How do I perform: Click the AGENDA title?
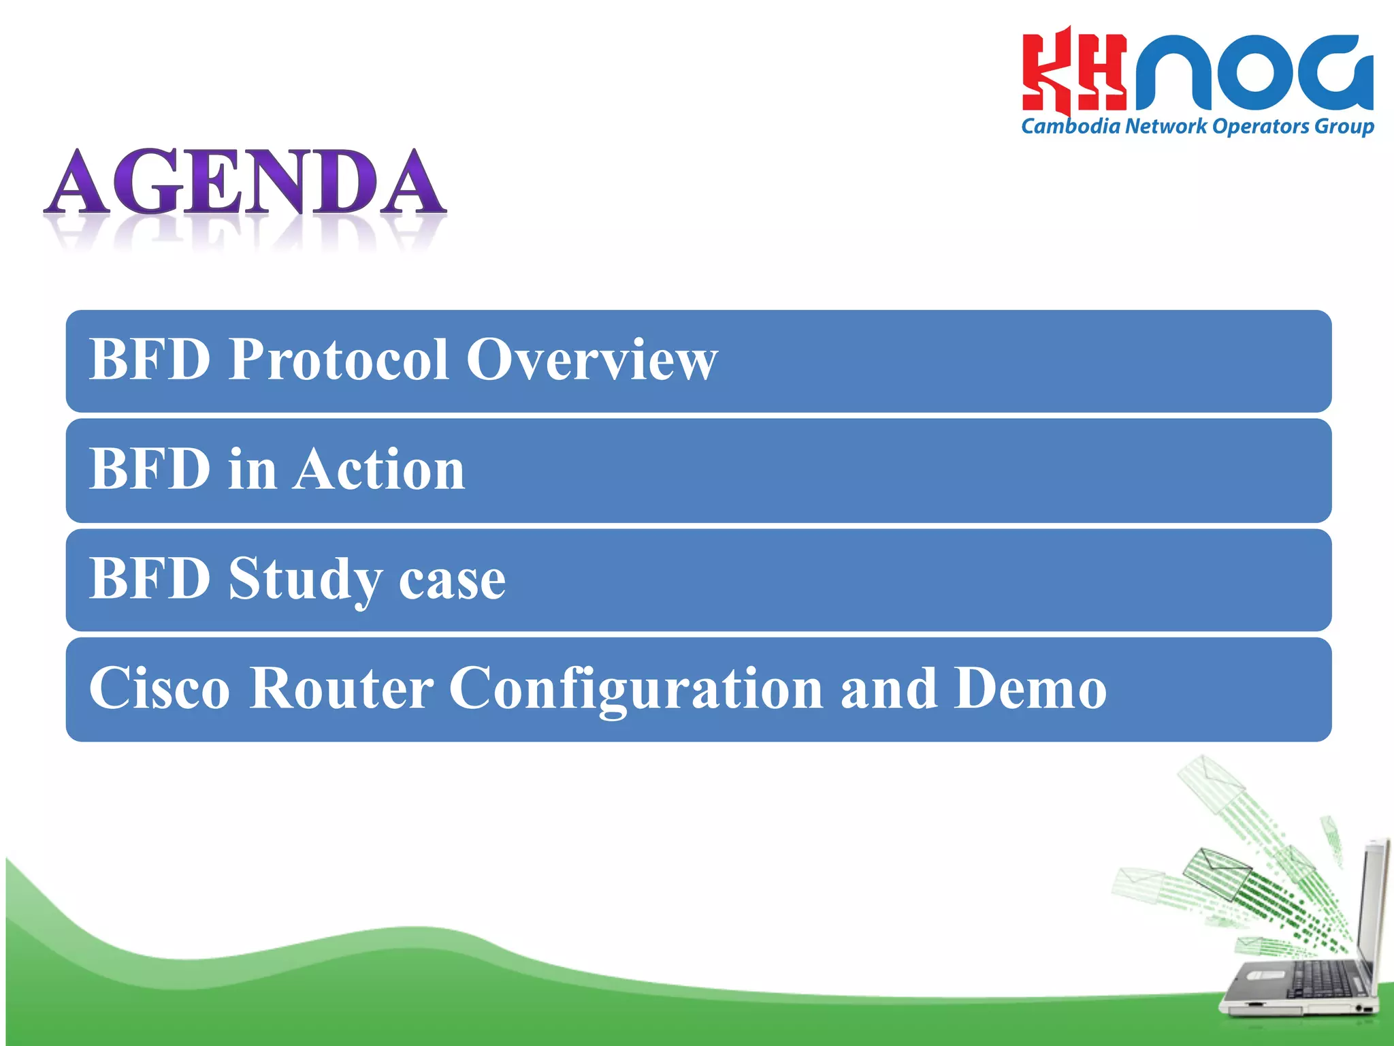(x=245, y=183)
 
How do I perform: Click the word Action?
(x=380, y=470)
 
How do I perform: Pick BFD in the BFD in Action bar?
(x=150, y=470)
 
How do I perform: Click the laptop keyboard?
(x=1320, y=981)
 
